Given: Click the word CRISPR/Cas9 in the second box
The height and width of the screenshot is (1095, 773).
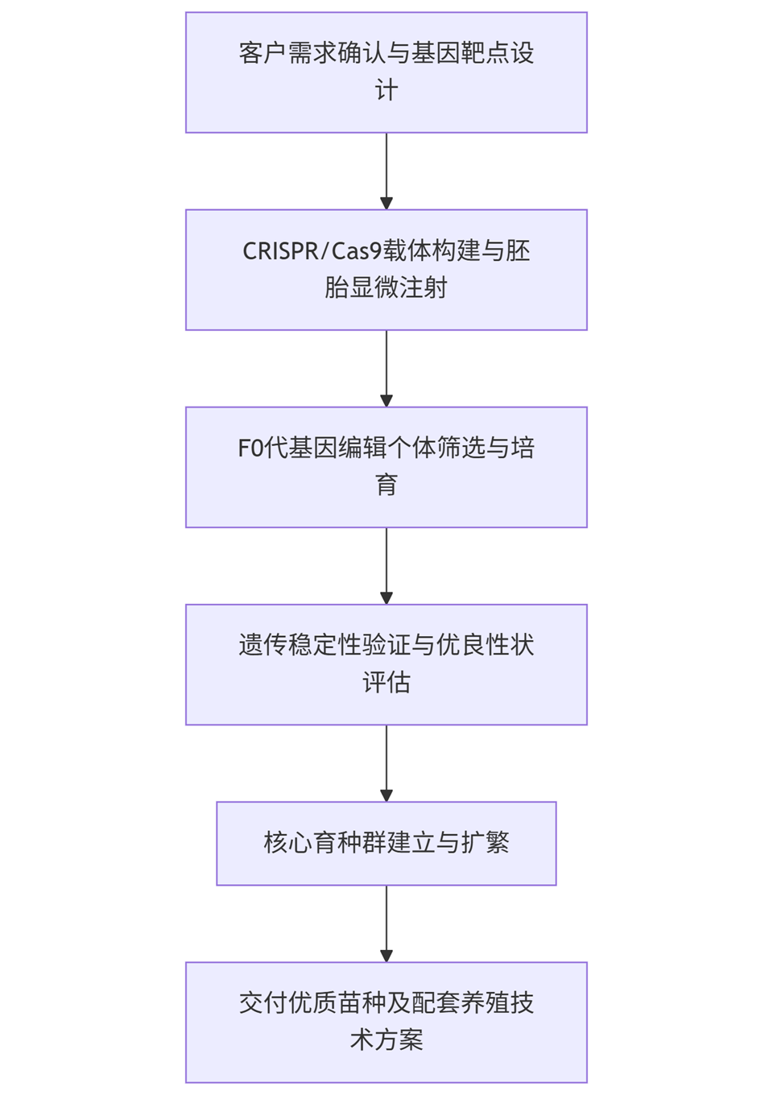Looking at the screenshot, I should (x=312, y=251).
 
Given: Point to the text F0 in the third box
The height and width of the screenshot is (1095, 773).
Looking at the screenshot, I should (x=250, y=448).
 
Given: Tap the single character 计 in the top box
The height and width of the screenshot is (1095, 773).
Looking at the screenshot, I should (x=386, y=90).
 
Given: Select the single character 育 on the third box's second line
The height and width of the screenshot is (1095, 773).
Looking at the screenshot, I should (x=386, y=485).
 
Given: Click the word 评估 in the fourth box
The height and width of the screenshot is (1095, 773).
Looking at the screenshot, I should (x=386, y=682).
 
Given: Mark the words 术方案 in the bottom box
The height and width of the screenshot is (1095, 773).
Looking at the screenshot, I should (x=386, y=1039).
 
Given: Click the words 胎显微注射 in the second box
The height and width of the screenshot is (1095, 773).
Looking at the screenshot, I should (x=386, y=287).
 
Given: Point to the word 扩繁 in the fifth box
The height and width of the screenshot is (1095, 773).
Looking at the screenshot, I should (x=485, y=843).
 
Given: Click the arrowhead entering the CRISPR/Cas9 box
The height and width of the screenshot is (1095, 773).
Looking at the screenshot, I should (x=386, y=203).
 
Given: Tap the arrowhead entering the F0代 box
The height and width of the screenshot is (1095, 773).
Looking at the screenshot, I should (x=386, y=400).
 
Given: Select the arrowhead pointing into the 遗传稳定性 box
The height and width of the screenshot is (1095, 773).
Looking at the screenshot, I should (x=386, y=597).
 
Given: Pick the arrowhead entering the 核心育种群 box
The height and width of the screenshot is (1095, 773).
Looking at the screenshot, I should (x=386, y=795).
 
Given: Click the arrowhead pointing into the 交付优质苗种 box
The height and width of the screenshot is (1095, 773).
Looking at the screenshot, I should (x=386, y=955).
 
